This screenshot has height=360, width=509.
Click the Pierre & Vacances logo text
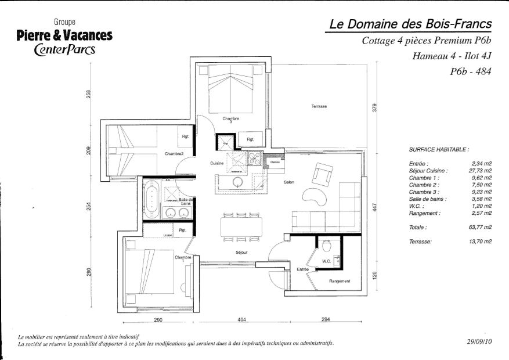click(64, 36)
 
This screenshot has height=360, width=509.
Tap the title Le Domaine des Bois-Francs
click(410, 24)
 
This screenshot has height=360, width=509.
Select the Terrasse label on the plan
click(319, 106)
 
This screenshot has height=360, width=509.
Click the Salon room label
click(289, 182)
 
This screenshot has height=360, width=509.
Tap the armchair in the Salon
click(322, 173)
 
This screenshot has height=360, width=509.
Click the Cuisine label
click(217, 163)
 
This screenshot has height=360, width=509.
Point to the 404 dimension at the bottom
click(243, 320)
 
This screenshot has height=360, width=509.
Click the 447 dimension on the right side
click(375, 207)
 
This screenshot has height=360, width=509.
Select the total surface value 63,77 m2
click(480, 228)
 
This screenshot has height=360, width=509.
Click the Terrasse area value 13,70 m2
click(480, 240)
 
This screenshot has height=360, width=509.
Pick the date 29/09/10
click(479, 343)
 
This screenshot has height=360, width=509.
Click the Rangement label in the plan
click(339, 281)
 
